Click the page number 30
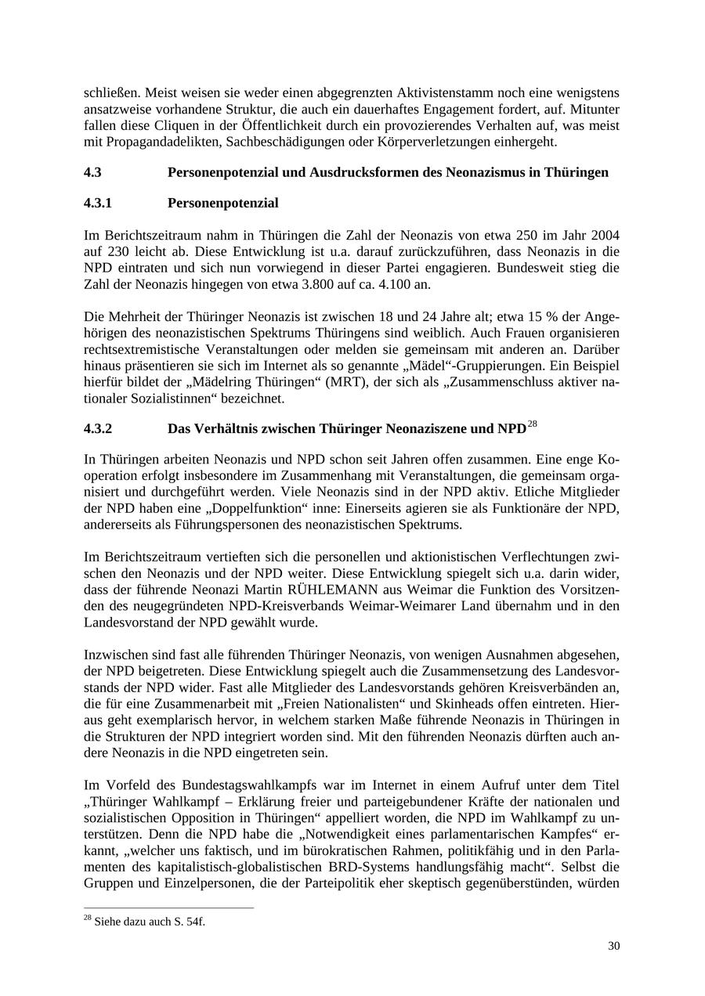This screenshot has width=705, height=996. pos(613,946)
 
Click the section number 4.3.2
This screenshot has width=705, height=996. pos(98,429)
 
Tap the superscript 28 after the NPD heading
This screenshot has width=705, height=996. pos(533,424)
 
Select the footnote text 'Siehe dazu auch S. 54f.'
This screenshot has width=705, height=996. pos(149,922)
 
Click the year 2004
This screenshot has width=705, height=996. pos(605,235)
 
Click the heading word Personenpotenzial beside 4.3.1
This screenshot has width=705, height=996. pos(223,204)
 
